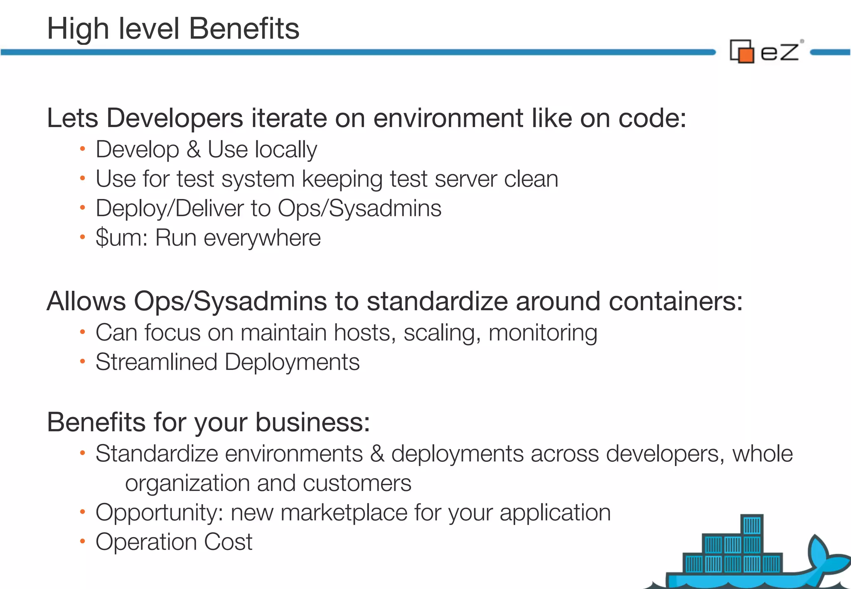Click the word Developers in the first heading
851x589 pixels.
175,118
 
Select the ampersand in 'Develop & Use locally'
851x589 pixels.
193,150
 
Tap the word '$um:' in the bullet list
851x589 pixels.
122,238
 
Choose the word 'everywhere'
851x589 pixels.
262,238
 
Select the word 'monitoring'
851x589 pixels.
543,333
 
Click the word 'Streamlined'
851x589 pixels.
156,362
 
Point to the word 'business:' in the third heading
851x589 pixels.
312,422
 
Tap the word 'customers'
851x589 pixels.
357,483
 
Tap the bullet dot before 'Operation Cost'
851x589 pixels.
82,541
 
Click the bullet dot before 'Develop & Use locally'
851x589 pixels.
82,149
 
